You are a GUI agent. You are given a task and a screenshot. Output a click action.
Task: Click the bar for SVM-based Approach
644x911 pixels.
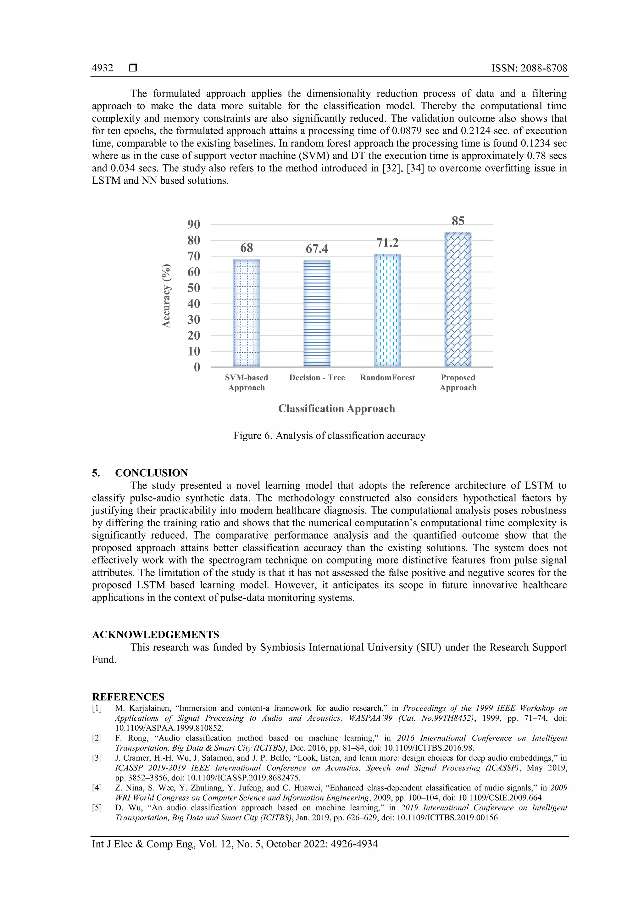click(x=246, y=313)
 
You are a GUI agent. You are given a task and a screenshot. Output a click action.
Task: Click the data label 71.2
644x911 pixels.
click(x=387, y=243)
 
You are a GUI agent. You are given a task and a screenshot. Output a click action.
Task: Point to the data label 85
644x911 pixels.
click(x=458, y=221)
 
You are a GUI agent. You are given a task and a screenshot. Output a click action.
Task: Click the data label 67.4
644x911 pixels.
click(x=317, y=249)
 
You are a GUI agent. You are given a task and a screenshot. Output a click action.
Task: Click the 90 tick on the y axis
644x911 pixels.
click(x=194, y=224)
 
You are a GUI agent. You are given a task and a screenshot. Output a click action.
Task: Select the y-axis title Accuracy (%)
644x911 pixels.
click(x=167, y=296)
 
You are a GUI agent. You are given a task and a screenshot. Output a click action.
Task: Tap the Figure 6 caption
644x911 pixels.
click(x=329, y=436)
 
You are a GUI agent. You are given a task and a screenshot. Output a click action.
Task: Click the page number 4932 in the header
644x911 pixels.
click(x=102, y=68)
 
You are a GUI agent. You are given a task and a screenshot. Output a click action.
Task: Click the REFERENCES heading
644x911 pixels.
click(x=128, y=697)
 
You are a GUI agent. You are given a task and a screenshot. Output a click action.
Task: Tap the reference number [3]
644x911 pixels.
click(x=97, y=758)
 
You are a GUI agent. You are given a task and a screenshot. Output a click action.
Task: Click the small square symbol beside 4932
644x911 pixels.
click(x=133, y=68)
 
